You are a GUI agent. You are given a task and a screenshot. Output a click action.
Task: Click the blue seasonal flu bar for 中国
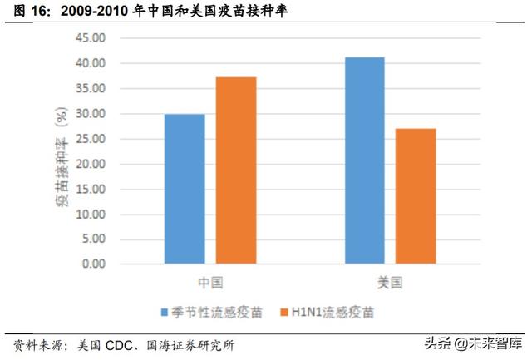coord(185,189)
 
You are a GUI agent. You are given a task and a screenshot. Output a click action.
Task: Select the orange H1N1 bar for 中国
coord(236,170)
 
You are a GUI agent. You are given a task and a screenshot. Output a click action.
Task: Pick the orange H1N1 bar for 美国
coord(416,196)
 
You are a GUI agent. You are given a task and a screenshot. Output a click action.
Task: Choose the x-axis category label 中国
coord(210,283)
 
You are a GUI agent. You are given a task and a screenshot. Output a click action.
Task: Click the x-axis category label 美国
coord(390,283)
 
